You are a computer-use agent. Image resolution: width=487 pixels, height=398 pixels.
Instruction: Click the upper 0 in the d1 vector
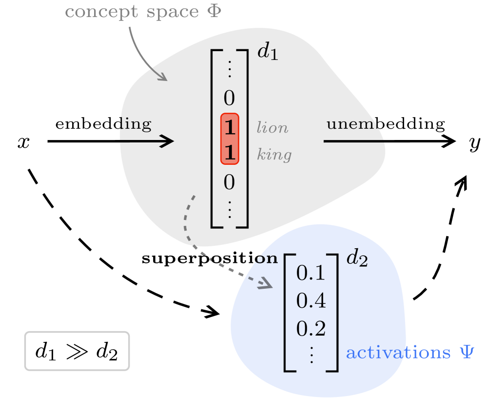tap(229, 99)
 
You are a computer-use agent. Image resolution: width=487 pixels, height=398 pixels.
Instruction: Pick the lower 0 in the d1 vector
tap(229, 183)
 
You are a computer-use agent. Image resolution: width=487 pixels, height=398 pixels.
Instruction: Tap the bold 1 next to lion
tap(229, 128)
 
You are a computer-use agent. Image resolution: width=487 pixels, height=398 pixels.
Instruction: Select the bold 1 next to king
tap(229, 154)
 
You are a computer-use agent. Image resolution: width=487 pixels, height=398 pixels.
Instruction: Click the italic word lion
tap(272, 128)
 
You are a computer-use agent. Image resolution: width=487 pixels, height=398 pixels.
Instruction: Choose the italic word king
tap(274, 155)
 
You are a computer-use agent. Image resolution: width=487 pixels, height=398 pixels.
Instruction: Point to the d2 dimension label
tap(356, 259)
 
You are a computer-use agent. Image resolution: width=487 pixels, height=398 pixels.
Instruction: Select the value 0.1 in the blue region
tap(311, 274)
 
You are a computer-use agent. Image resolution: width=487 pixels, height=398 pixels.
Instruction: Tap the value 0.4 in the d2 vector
tap(311, 301)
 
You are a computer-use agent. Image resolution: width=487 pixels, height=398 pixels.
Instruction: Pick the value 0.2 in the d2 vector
tap(311, 329)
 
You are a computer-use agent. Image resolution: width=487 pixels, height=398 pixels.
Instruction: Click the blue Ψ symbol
tap(467, 353)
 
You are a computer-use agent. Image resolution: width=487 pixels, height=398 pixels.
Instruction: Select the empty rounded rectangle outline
tap(77, 351)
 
